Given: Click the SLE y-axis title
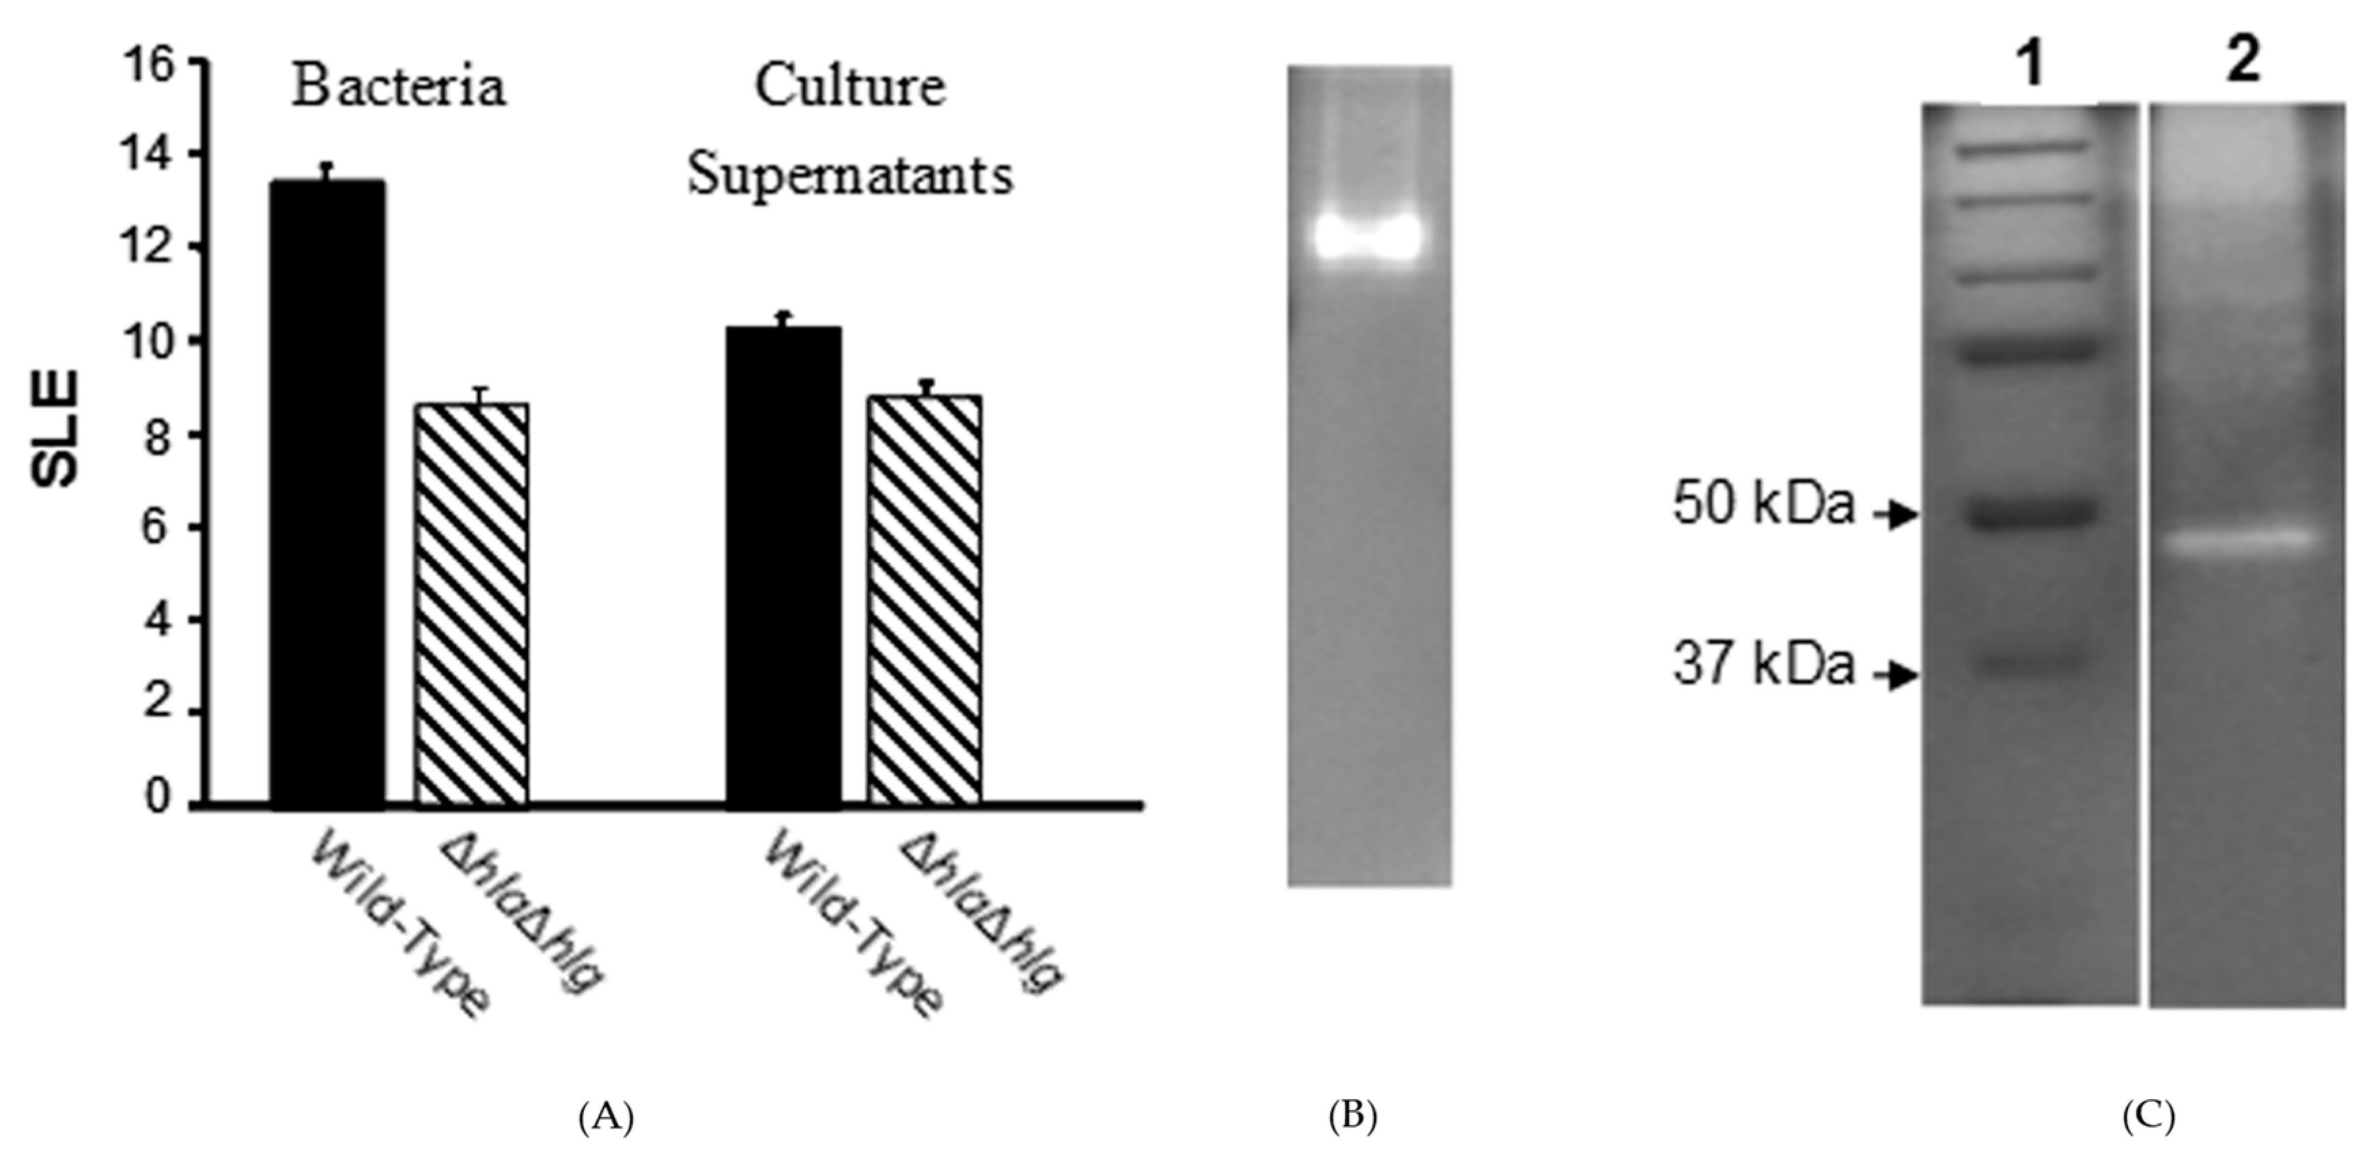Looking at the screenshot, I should click(57, 429).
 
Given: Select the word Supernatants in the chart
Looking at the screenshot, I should click(851, 175).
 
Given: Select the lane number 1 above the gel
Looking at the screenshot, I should click(2033, 65).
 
